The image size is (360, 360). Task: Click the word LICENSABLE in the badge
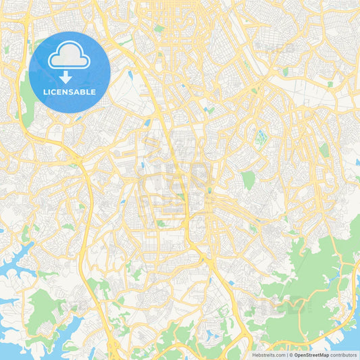70,91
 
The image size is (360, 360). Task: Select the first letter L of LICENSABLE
45,91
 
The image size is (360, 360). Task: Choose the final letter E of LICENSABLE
94,91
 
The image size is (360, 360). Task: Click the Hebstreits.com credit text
268,355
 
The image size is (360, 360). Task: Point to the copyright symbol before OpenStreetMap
291,355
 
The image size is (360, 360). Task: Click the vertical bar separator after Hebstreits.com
286,355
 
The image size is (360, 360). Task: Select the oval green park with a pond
260,138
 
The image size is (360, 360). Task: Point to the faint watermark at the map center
180,180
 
